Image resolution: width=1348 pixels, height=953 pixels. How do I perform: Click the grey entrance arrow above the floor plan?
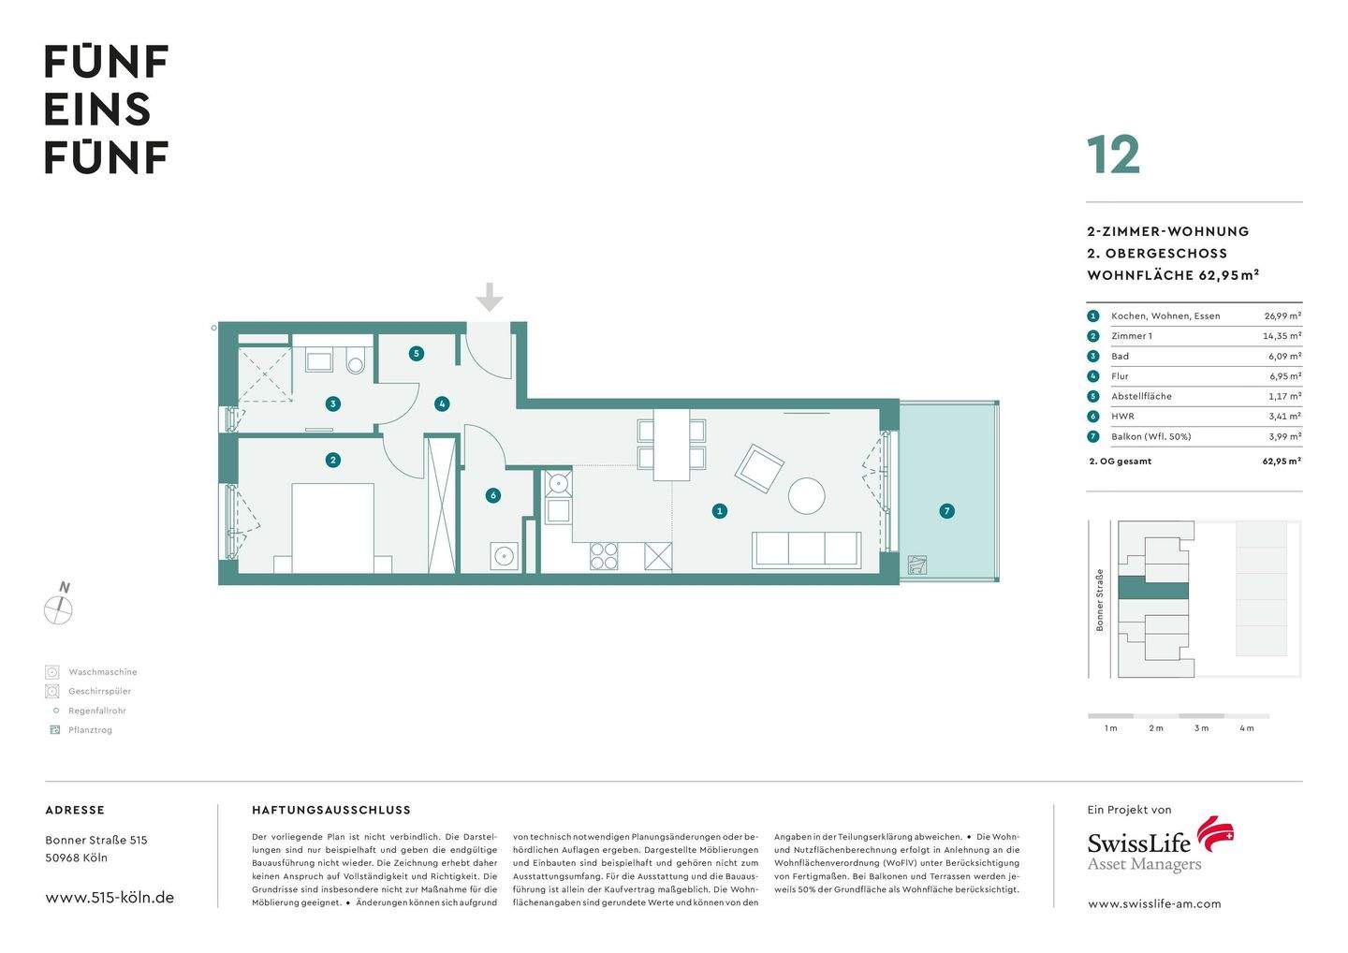pos(489,298)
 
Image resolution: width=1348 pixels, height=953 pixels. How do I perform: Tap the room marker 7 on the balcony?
pos(947,511)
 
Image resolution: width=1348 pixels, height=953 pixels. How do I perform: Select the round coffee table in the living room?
pos(806,495)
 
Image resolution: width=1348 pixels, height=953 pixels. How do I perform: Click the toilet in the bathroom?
pos(355,362)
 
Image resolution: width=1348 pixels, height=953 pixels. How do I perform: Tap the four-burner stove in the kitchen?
pos(604,556)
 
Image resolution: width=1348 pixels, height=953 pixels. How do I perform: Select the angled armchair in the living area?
pos(758,468)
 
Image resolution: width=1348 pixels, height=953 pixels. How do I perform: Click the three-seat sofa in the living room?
pos(806,550)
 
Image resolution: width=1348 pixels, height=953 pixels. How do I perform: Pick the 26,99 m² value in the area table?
pos(1282,316)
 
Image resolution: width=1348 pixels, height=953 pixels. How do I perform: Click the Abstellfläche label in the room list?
pos(1141,396)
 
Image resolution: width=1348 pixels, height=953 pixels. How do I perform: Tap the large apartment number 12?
pos(1113,155)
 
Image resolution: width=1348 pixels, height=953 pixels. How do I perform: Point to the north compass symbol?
pos(59,608)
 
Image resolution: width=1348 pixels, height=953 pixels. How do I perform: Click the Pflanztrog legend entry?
pos(90,730)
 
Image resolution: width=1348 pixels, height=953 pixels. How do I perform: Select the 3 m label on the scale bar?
pos(1201,728)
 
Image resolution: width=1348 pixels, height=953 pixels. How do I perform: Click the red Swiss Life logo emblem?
pos(1216,833)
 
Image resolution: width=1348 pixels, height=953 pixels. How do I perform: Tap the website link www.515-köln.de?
pos(110,897)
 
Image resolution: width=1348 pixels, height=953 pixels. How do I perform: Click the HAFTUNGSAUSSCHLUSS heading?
pos(331,811)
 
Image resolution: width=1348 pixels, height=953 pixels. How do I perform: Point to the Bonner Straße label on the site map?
pos(1100,599)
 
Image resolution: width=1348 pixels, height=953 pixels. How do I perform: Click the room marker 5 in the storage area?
pos(417,354)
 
